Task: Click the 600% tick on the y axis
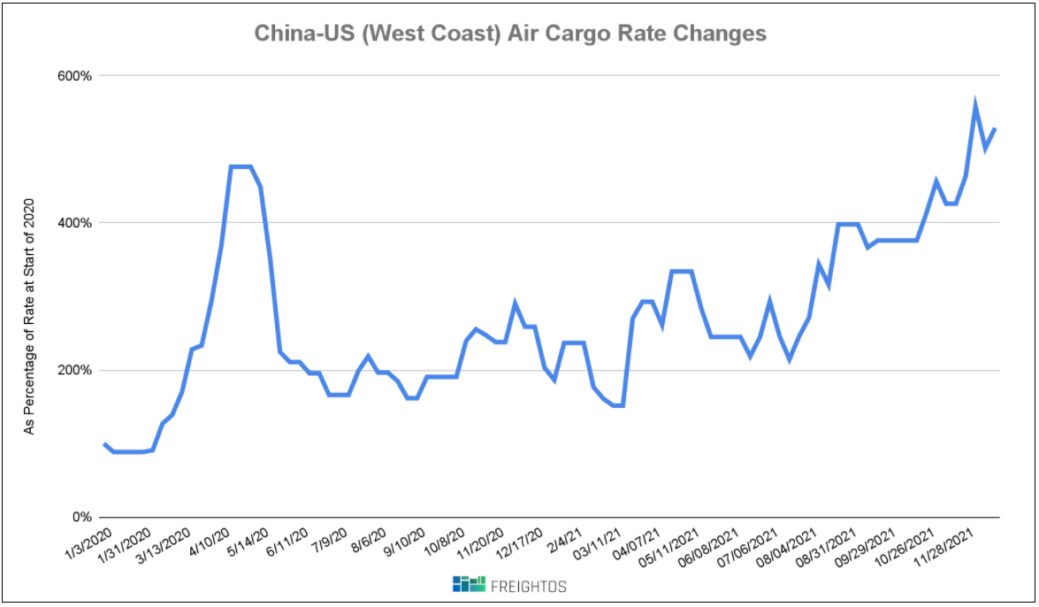tap(75, 75)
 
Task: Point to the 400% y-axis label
tap(75, 223)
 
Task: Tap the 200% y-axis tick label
tap(75, 370)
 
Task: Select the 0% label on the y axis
tap(81, 517)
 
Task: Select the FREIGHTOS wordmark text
tap(530, 585)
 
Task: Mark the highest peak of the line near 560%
tap(974, 104)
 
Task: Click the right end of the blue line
tap(996, 129)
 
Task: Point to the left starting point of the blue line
tap(104, 443)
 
